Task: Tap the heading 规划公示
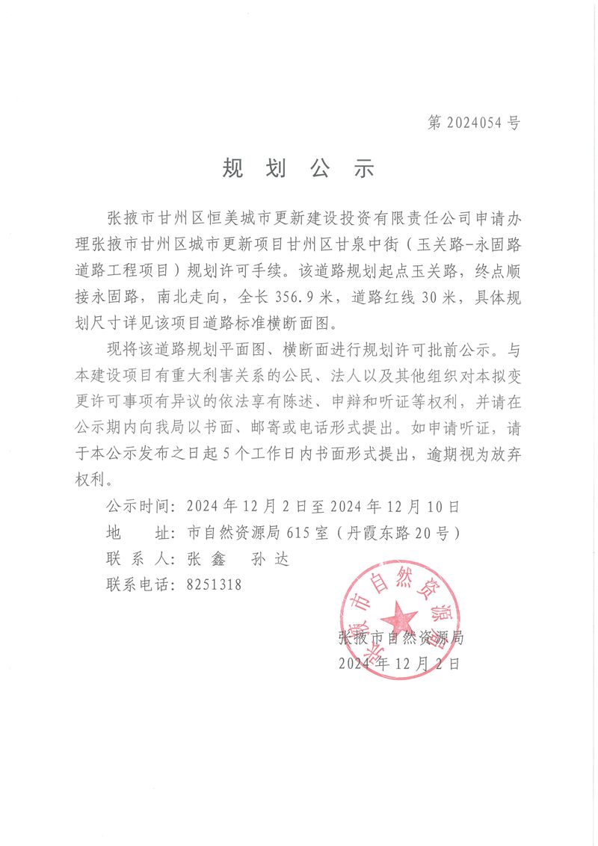(x=298, y=168)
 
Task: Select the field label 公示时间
(x=140, y=506)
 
